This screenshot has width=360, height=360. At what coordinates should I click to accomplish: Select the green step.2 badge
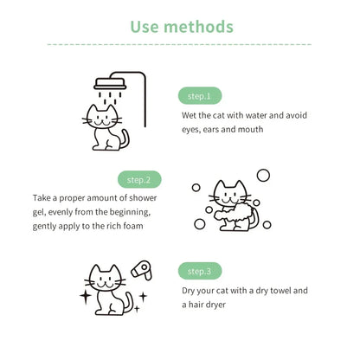[139, 180]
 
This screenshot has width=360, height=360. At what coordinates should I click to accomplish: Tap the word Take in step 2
[42, 197]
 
